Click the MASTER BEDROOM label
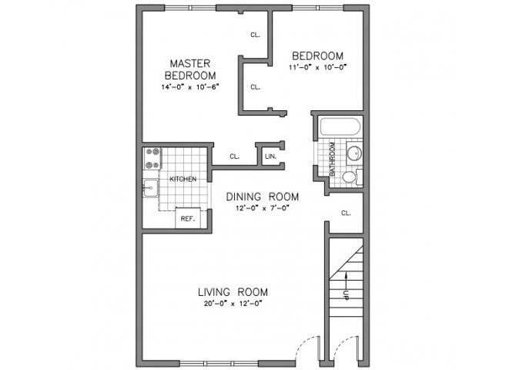[x=190, y=69]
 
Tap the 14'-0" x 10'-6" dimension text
[x=190, y=87]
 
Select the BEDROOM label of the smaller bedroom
[x=317, y=55]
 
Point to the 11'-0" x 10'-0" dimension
[x=317, y=67]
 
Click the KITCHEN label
[x=183, y=179]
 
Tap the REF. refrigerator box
[x=187, y=218]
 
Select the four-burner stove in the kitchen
[x=152, y=158]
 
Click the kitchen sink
[x=149, y=186]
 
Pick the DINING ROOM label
[x=263, y=197]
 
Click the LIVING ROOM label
[x=233, y=291]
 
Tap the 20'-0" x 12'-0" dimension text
[x=233, y=304]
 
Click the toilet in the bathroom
[x=350, y=177]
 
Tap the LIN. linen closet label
[x=270, y=156]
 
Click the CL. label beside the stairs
[x=346, y=213]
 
